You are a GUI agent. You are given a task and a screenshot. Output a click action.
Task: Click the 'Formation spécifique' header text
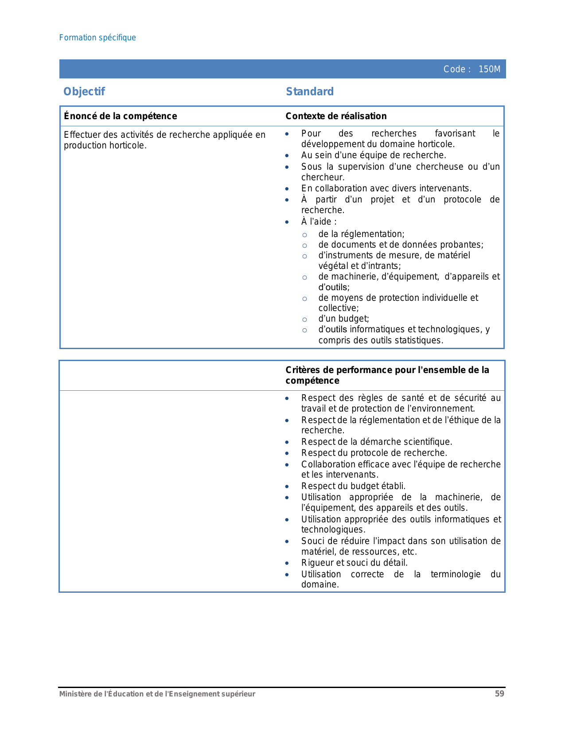tap(97, 38)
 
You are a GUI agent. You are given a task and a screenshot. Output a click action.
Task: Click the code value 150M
tap(489, 69)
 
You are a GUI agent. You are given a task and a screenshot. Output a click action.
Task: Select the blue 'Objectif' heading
tap(84, 92)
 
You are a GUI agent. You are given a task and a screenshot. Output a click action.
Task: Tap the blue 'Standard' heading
tap(310, 92)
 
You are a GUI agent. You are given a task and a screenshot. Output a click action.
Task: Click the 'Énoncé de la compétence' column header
tap(120, 116)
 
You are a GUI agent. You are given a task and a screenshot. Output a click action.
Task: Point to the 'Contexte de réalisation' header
tap(336, 116)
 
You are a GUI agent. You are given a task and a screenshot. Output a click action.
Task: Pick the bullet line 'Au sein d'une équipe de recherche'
tap(373, 155)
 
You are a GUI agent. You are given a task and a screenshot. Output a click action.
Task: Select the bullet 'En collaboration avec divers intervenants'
tap(386, 188)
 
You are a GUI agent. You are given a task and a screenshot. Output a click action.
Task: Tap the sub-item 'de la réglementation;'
tap(361, 234)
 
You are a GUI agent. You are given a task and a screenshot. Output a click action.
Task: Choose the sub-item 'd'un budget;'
tap(343, 319)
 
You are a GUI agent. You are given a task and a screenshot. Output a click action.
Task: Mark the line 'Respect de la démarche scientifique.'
tap(376, 442)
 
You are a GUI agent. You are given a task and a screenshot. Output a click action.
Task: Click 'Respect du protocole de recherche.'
tap(374, 453)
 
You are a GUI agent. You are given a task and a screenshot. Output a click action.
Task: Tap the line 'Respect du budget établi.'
tap(353, 486)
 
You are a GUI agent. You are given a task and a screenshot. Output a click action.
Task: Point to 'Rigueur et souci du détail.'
tap(354, 563)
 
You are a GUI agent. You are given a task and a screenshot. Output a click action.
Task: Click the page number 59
tap(499, 694)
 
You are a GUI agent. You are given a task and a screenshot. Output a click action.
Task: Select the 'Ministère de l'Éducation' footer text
tap(157, 694)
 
